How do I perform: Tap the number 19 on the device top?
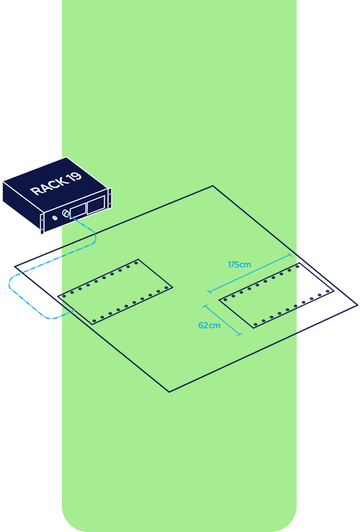click(x=74, y=177)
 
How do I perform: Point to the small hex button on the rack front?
click(x=54, y=218)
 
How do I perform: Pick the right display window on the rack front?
click(x=95, y=204)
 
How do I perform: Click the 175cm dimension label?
click(x=240, y=265)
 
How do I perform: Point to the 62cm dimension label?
click(x=209, y=326)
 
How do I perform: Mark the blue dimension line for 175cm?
click(x=249, y=273)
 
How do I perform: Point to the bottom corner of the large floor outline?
click(x=169, y=392)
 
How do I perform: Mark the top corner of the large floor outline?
click(x=212, y=186)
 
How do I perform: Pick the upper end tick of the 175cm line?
click(x=290, y=255)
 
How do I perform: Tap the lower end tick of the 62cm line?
click(x=239, y=335)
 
